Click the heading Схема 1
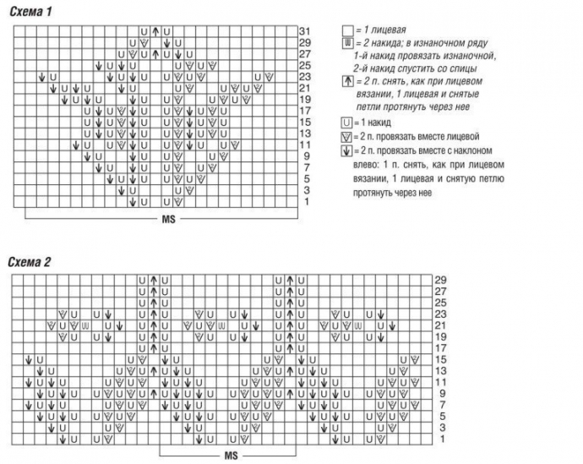coord(30,11)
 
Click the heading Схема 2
coord(30,262)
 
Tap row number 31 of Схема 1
coord(304,31)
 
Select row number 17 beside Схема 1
coord(304,111)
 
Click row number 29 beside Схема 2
coord(439,280)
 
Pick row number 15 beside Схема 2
coord(439,360)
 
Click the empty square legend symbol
coord(346,30)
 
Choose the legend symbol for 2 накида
coord(346,42)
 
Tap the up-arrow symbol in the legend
coord(346,81)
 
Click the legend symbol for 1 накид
coord(346,123)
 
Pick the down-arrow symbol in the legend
coord(346,150)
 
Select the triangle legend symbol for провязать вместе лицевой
coord(346,136)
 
